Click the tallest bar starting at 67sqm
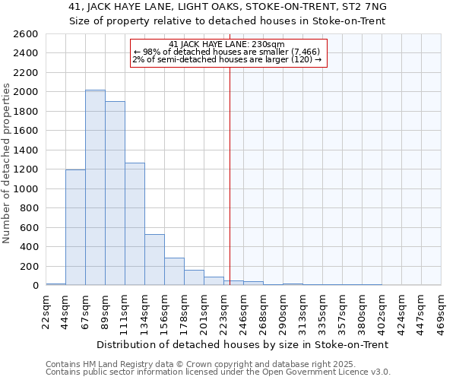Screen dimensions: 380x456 [95, 188]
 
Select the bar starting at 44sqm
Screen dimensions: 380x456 [75, 227]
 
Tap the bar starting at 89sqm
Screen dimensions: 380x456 [115, 193]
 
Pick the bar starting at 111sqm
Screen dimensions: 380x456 [135, 224]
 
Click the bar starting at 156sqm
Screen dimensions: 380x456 [174, 271]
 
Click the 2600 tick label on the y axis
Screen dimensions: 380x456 [26, 34]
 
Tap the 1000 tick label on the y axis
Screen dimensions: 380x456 [26, 188]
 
